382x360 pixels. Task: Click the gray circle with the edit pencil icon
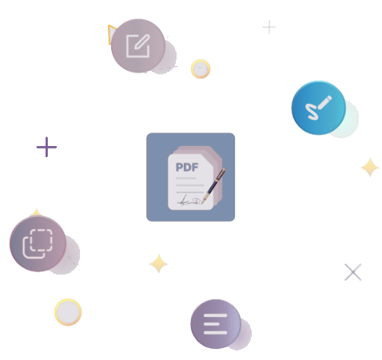(138, 45)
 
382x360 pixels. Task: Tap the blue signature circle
(319, 108)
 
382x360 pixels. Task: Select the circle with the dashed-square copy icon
(38, 243)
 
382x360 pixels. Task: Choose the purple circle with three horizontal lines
(216, 324)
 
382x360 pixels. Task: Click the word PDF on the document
(187, 168)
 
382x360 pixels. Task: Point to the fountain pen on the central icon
(213, 186)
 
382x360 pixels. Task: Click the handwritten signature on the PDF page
(189, 201)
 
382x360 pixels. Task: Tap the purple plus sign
(46, 147)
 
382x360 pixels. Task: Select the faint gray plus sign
(269, 27)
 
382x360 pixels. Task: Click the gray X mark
(353, 272)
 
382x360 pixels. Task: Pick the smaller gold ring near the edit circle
(201, 69)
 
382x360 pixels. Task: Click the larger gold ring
(68, 312)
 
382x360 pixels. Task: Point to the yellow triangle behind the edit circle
(111, 34)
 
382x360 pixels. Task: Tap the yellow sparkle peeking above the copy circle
(36, 212)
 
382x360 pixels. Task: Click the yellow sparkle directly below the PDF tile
(158, 263)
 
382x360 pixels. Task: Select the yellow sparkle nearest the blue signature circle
(370, 168)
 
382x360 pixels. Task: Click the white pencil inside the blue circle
(324, 102)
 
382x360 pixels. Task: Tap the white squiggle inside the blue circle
(312, 112)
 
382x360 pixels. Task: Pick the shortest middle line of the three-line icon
(212, 324)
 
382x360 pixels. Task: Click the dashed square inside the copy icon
(42, 240)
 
